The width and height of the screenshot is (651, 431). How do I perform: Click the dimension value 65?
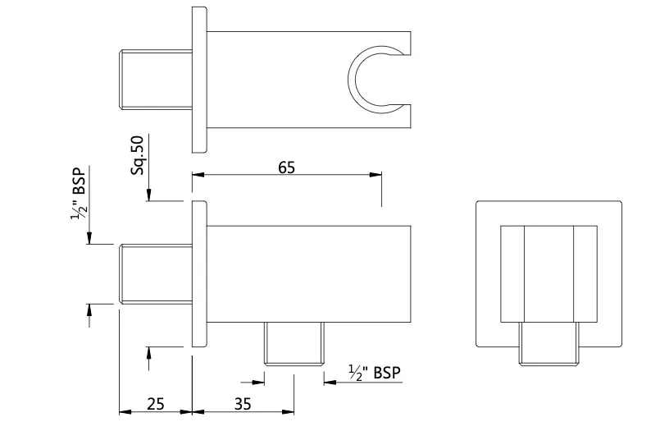[x=286, y=167]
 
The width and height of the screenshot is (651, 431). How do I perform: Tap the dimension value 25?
[x=156, y=404]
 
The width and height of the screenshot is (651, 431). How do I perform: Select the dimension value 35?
[x=243, y=404]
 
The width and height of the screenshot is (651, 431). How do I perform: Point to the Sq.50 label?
[x=137, y=155]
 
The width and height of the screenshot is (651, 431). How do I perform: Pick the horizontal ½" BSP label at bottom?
[x=375, y=373]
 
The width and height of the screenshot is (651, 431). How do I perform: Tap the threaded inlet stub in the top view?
[x=156, y=80]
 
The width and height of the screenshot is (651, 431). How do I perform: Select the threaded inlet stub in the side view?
[x=156, y=274]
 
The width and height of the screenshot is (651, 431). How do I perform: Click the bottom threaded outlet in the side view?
[x=294, y=344]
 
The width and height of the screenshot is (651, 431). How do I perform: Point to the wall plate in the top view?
[x=199, y=80]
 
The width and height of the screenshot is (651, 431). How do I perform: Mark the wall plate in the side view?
[x=199, y=274]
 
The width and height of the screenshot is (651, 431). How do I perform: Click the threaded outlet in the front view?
[x=549, y=344]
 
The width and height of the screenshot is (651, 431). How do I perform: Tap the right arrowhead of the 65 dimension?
[x=376, y=175]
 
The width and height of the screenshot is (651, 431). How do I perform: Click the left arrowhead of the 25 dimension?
[x=125, y=412]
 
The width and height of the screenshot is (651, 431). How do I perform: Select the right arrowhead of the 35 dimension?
[x=288, y=412]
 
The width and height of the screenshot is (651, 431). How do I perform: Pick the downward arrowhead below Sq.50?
[x=149, y=195]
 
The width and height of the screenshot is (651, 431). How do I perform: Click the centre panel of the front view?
[x=549, y=274]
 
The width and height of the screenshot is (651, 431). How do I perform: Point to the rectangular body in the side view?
[x=309, y=274]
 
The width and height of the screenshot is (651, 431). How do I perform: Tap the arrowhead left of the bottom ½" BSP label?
[x=330, y=382]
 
